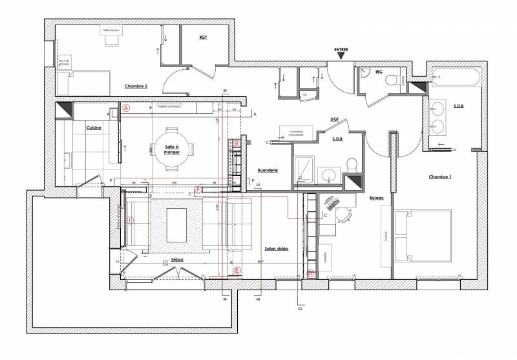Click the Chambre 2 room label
tap(136, 86)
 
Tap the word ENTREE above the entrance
tap(341, 49)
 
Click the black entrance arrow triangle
tap(341, 58)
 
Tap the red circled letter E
tap(237, 270)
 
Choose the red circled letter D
tap(310, 273)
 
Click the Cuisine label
tap(94, 128)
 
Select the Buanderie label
tap(267, 170)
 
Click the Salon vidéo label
tap(277, 248)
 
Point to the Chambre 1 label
tap(440, 176)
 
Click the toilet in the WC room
tap(390, 80)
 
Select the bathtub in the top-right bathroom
tap(456, 80)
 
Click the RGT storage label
tap(203, 37)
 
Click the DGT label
tap(335, 119)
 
